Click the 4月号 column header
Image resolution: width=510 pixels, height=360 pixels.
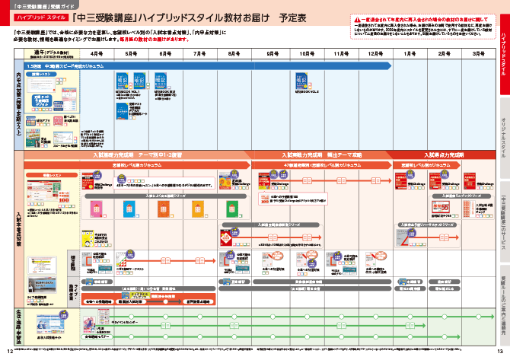[97, 55]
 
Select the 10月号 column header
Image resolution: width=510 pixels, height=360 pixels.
[308, 55]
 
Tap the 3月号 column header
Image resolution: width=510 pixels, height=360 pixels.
[478, 55]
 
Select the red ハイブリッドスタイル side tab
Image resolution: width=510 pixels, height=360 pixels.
[502, 53]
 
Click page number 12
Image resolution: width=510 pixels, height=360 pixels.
[9, 350]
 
